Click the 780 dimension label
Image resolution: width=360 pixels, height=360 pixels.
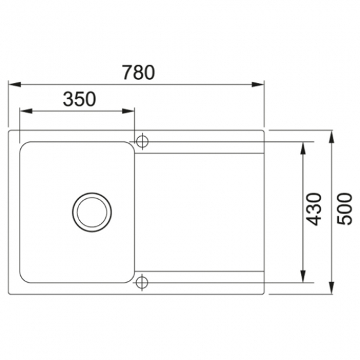pyautogui.click(x=138, y=72)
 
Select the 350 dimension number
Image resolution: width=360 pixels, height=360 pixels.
pyautogui.click(x=79, y=99)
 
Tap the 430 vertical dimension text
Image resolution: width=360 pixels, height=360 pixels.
pyautogui.click(x=314, y=209)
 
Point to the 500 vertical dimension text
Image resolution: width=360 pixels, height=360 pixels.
pyautogui.click(x=344, y=209)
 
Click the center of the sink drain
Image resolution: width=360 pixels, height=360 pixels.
pyautogui.click(x=92, y=212)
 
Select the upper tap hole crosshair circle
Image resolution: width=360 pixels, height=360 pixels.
pyautogui.click(x=143, y=141)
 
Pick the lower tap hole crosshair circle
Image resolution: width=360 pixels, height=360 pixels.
pyautogui.click(x=142, y=283)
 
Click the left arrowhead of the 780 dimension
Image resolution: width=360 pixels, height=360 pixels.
pyautogui.click(x=15, y=84)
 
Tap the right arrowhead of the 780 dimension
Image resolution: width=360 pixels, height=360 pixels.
pyautogui.click(x=257, y=84)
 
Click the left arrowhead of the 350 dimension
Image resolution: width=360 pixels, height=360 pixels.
pyautogui.click(x=26, y=112)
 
